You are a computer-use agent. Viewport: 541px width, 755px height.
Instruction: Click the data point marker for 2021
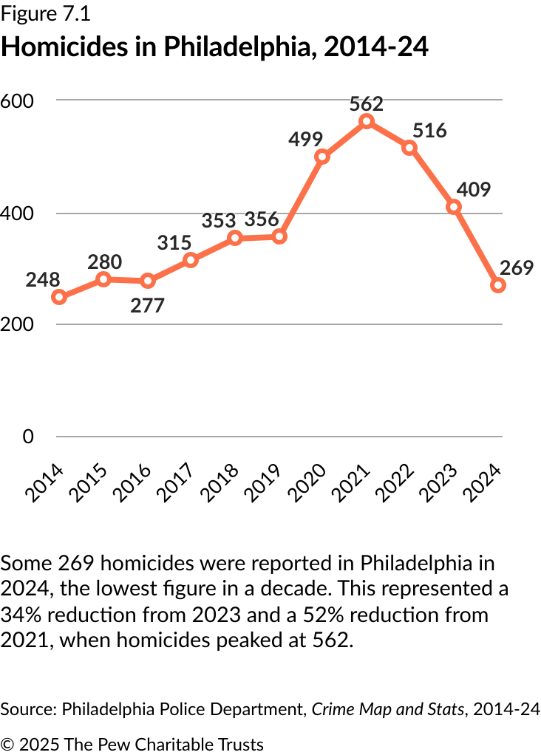(367, 121)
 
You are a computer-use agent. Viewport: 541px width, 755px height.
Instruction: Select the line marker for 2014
(59, 297)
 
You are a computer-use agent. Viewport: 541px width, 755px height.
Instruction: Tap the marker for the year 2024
(497, 286)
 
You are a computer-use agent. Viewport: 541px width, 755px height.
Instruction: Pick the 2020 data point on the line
(321, 157)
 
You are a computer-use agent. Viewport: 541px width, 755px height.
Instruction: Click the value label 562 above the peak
(366, 104)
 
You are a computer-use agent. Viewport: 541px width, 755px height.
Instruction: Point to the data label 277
(147, 305)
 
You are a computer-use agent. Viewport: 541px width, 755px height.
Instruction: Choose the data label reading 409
(474, 189)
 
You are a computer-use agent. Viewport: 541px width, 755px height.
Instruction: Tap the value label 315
(174, 242)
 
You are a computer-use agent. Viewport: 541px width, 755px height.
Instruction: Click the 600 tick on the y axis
(17, 101)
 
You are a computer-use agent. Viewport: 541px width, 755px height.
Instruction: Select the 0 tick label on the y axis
(28, 437)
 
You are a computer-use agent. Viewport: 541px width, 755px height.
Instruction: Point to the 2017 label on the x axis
(174, 483)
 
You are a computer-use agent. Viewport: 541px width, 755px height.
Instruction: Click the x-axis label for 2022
(394, 483)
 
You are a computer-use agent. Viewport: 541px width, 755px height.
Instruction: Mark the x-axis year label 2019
(262, 483)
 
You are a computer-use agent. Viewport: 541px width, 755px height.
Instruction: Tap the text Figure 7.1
(45, 14)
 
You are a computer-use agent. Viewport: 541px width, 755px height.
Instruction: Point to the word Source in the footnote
(29, 709)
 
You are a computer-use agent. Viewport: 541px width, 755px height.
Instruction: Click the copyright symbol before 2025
(7, 744)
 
